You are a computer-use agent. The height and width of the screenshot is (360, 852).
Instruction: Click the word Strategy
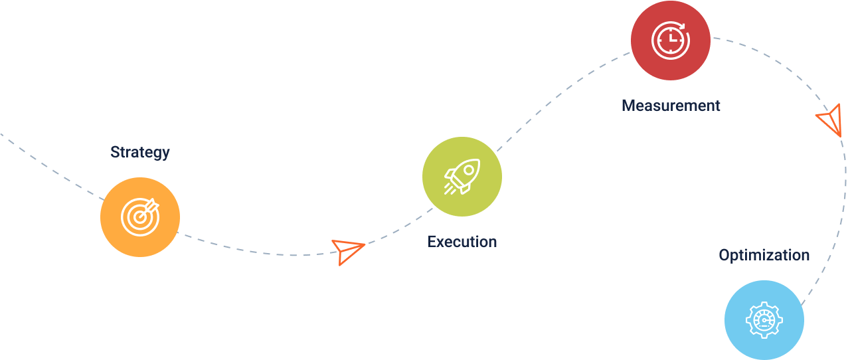(140, 153)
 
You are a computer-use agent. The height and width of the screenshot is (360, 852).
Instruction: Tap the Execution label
(462, 242)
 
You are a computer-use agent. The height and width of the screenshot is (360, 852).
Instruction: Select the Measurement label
(671, 106)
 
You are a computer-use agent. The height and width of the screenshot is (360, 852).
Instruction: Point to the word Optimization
(764, 255)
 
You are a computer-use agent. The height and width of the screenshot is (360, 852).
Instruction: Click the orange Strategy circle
(140, 217)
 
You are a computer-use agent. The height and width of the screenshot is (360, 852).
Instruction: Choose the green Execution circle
(462, 177)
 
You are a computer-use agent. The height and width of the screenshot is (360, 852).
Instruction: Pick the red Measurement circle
(670, 41)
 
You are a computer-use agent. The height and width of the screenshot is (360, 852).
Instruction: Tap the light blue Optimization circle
(764, 320)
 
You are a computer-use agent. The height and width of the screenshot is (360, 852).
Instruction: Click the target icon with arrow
(140, 217)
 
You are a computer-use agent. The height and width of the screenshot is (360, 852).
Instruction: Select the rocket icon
(462, 177)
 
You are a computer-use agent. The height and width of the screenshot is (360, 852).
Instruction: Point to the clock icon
(670, 41)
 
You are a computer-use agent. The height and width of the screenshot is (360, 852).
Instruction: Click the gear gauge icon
(764, 320)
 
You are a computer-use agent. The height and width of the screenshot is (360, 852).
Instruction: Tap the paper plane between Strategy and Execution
(347, 252)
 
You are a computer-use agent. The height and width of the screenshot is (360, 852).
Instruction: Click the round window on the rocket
(469, 170)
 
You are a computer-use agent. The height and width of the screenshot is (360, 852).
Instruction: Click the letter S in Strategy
(115, 152)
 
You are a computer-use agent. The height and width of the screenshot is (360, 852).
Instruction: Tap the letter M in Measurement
(629, 106)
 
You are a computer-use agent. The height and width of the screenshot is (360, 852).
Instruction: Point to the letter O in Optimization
(724, 255)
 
